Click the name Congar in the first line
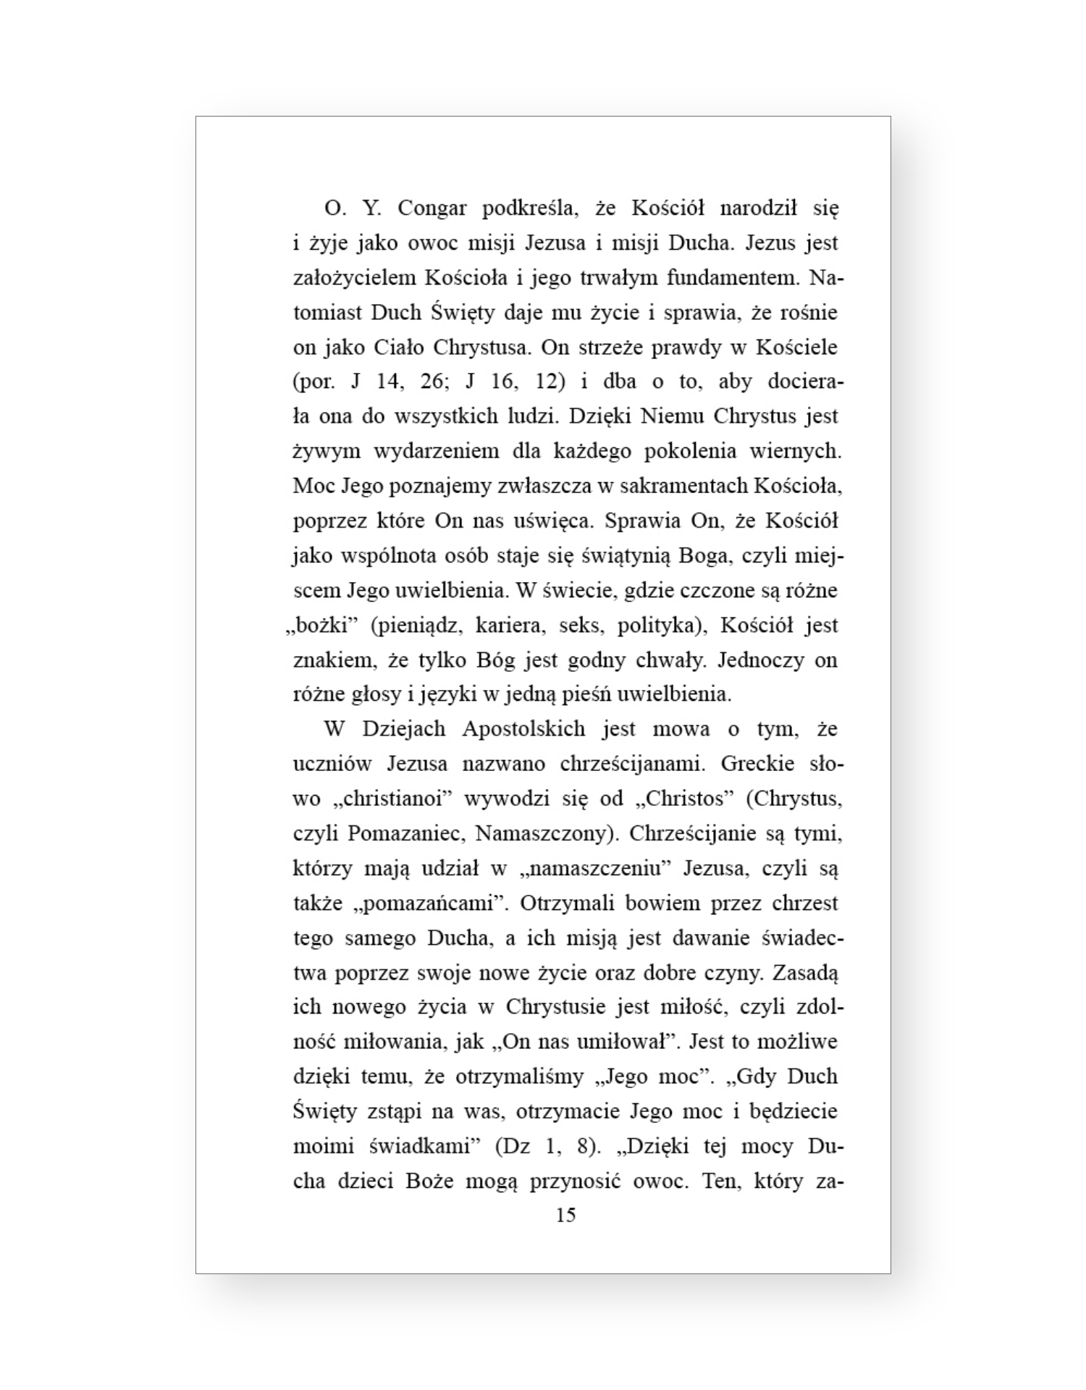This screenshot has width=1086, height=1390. (432, 209)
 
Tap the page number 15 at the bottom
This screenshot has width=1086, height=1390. (565, 1216)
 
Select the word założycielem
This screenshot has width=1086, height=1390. (354, 279)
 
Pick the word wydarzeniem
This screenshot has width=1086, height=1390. (437, 452)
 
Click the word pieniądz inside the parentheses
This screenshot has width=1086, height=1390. (418, 625)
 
